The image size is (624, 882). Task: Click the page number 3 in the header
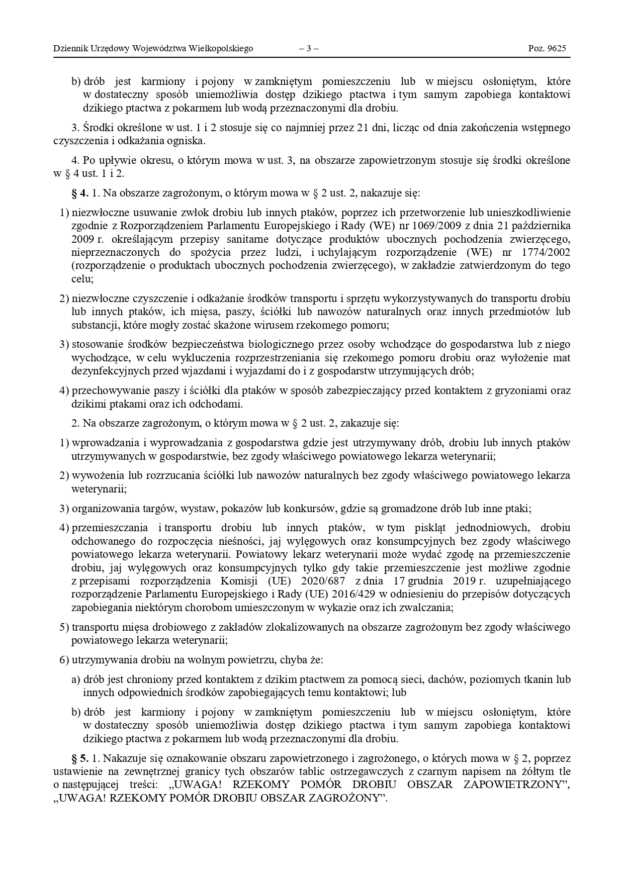[x=309, y=49]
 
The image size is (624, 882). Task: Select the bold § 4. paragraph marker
[x=81, y=193]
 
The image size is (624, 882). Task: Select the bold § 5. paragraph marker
[x=81, y=758]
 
